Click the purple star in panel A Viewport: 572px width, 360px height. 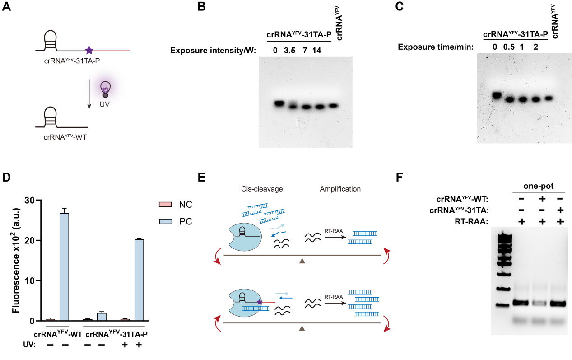click(x=89, y=50)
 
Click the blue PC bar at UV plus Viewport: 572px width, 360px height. click(x=139, y=280)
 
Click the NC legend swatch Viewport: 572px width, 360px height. click(x=165, y=205)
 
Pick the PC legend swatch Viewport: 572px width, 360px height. click(x=165, y=222)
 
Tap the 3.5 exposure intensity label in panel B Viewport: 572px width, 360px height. click(x=289, y=51)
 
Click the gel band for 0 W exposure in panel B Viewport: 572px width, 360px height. click(x=279, y=104)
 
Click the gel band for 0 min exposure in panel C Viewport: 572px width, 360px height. click(x=497, y=95)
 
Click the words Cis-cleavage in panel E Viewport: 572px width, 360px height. click(x=262, y=189)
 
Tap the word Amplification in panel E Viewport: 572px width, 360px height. click(x=341, y=189)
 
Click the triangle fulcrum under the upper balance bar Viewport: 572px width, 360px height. click(x=302, y=261)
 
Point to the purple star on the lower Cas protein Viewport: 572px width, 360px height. click(x=260, y=302)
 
